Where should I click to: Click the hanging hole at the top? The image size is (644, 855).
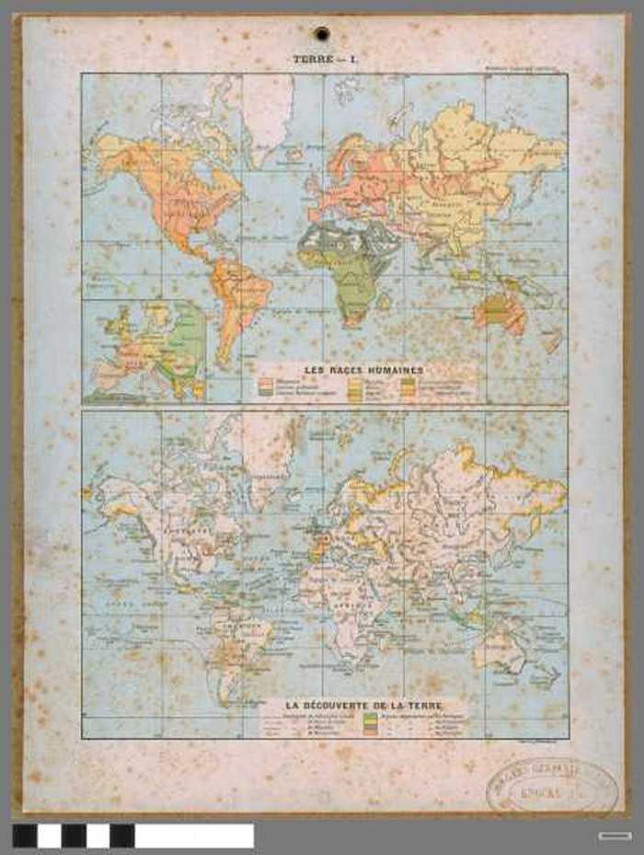(x=321, y=34)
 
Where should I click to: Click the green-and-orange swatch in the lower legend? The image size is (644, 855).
(x=370, y=723)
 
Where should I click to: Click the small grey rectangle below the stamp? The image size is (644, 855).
(x=614, y=836)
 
